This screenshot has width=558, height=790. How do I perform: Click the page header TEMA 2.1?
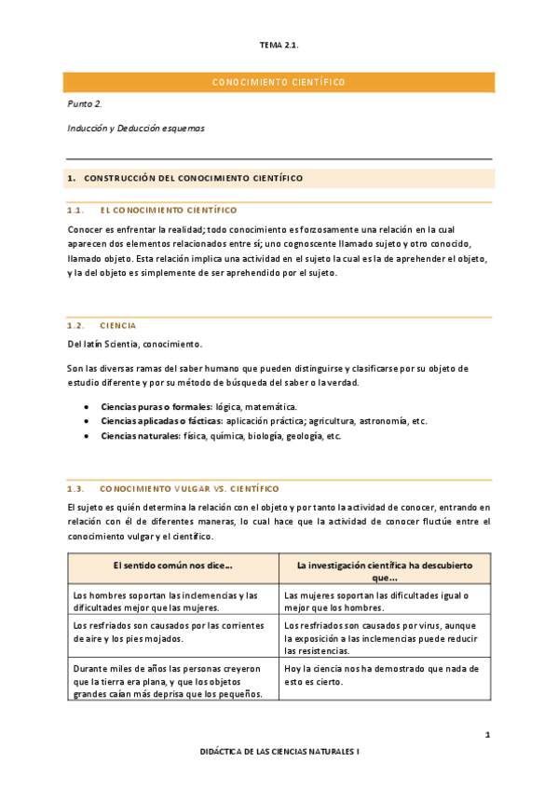279,45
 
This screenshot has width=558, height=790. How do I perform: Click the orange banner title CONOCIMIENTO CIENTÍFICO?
279,83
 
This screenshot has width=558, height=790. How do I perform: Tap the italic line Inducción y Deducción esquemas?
136,129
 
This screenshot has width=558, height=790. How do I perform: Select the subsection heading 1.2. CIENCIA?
102,326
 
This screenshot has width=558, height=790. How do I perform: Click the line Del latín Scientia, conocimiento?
134,345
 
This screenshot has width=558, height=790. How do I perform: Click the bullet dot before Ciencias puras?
87,407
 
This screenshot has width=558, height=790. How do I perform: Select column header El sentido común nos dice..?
172,565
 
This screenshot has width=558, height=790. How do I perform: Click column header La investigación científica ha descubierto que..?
385,571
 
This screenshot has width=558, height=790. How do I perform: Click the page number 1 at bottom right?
487,736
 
